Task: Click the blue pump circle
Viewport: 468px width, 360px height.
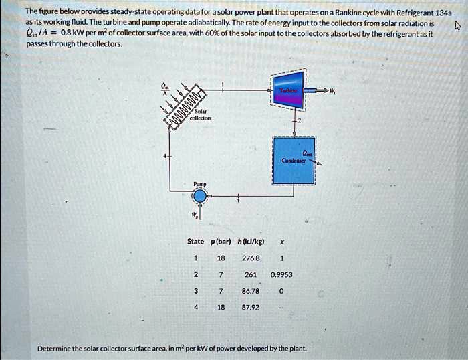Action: point(200,196)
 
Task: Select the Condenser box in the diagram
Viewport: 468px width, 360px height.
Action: point(294,161)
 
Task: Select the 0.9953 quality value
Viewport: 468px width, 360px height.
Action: point(281,274)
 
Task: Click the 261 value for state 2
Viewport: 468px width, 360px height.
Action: point(251,274)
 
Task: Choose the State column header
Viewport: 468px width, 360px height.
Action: point(195,241)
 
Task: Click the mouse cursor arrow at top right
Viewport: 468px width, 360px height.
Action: point(457,27)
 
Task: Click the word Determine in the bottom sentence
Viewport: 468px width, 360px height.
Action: point(54,349)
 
